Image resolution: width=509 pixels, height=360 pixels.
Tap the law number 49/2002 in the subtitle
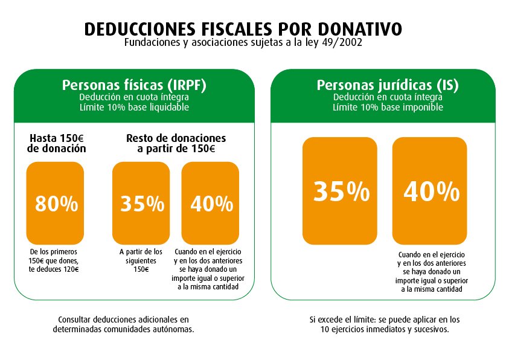(x=341, y=43)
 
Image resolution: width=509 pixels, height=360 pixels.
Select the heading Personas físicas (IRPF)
(x=134, y=85)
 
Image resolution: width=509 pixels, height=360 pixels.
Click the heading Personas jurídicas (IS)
(x=388, y=85)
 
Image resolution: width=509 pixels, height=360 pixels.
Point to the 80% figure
(x=56, y=204)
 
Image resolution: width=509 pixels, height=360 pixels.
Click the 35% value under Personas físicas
(x=142, y=204)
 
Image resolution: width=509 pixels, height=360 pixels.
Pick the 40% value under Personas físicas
(x=211, y=204)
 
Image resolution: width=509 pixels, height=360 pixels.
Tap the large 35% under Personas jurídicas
(x=341, y=191)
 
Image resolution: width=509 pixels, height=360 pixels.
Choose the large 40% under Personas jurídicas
(x=431, y=191)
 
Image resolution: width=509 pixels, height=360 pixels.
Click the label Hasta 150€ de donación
(x=56, y=143)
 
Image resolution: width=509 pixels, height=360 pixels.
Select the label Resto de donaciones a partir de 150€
(x=176, y=143)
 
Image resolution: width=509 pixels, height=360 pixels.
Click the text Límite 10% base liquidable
(x=134, y=108)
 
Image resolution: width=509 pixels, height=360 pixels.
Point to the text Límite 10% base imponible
(x=388, y=108)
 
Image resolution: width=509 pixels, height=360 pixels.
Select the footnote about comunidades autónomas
(x=123, y=324)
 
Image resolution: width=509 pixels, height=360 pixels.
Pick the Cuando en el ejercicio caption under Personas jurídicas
(x=431, y=272)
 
